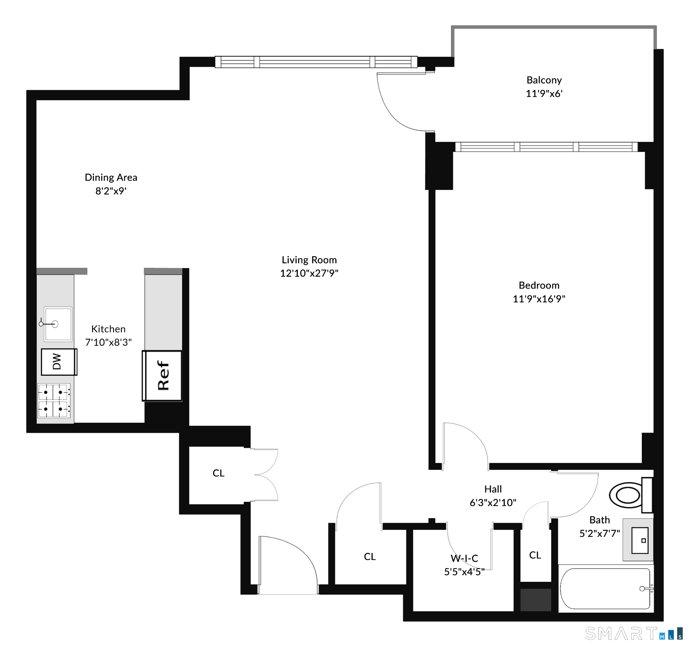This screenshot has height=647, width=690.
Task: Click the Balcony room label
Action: (x=544, y=80)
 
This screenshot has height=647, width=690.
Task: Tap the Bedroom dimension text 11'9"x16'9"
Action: (x=539, y=299)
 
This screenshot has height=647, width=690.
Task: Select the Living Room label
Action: (x=309, y=260)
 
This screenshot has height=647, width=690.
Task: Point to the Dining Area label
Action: (x=111, y=177)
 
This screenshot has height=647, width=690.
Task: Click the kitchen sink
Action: (x=58, y=324)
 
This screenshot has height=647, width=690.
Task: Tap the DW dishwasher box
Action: (x=59, y=362)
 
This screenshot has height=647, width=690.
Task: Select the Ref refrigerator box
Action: (x=162, y=376)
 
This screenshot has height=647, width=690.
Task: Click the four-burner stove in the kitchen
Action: (x=54, y=401)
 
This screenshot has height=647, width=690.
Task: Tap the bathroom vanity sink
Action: (x=638, y=540)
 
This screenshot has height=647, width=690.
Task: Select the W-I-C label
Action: (x=464, y=558)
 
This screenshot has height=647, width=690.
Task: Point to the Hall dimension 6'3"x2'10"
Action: (x=493, y=503)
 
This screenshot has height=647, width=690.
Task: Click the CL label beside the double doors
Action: (x=219, y=473)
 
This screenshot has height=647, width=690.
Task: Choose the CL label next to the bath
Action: (x=535, y=555)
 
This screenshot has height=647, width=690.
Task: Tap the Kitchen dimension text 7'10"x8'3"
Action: (x=108, y=342)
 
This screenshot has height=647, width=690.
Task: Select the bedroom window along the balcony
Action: (x=546, y=147)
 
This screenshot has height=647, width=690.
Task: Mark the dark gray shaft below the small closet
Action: (x=535, y=599)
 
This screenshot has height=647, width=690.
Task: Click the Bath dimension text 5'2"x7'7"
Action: (x=600, y=533)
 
